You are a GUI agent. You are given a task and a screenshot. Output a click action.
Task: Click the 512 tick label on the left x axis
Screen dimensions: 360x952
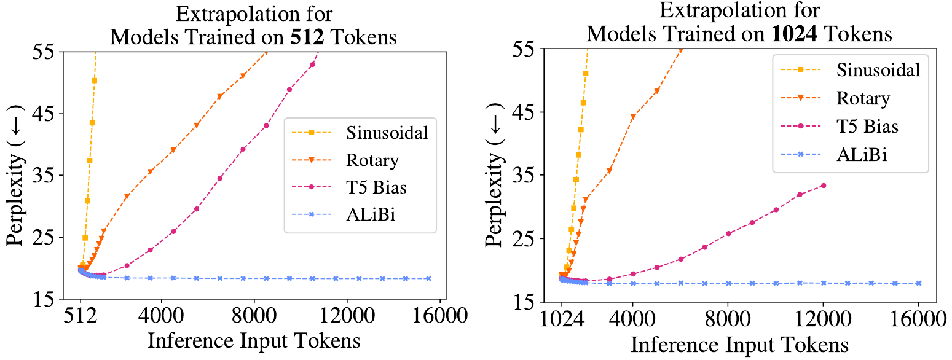coord(81,317)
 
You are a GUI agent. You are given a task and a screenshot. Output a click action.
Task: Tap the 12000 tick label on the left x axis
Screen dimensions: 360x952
coord(346,317)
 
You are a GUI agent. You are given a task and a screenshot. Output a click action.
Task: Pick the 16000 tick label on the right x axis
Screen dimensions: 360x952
coord(918,319)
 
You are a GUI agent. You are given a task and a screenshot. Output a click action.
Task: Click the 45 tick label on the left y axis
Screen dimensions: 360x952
coord(45,114)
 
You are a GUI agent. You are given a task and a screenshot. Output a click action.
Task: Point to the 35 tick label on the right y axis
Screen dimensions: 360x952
coord(527,175)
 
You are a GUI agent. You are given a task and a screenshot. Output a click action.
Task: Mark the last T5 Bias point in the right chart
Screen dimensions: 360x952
coord(823,185)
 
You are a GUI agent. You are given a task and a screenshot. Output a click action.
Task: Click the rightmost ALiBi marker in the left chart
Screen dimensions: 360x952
coord(428,278)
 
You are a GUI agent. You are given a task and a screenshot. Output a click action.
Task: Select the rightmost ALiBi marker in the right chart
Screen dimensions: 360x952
coord(918,283)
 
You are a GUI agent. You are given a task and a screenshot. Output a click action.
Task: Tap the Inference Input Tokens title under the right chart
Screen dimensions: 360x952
coord(739,344)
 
